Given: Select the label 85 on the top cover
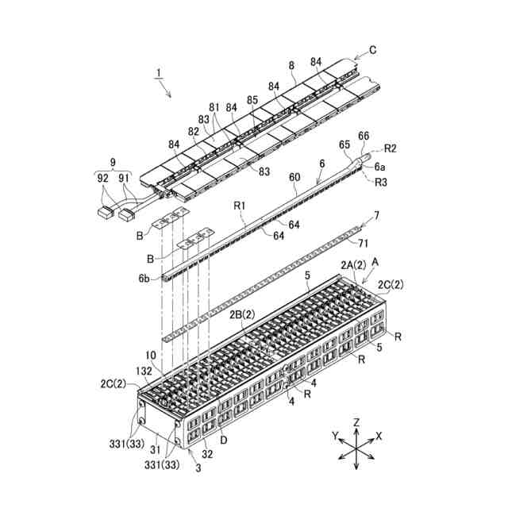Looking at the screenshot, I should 252,101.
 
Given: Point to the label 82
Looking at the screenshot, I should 194,132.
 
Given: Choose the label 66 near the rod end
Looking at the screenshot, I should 363,137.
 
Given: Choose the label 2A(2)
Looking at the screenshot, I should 353,264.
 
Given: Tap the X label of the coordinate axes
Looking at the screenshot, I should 379,437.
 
